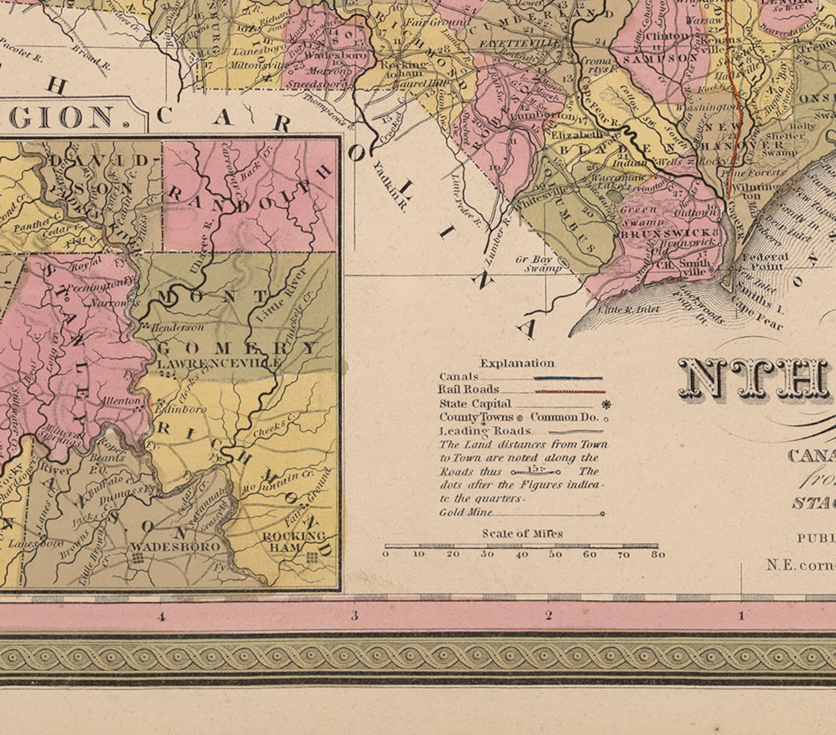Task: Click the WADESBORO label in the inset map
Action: (175, 547)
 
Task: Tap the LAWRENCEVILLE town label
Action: (218, 363)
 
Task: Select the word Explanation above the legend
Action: (517, 363)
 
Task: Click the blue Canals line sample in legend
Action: (568, 378)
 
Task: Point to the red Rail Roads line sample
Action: (570, 392)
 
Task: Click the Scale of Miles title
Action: (522, 534)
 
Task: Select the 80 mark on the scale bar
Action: (658, 554)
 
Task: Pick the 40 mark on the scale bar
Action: (522, 554)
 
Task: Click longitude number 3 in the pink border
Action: (355, 615)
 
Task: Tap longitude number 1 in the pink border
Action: (742, 615)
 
